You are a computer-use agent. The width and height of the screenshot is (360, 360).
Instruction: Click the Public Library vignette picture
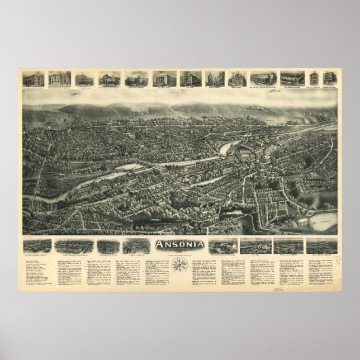[x=214, y=78]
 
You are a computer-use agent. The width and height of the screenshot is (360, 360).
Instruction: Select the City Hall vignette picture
[x=188, y=78]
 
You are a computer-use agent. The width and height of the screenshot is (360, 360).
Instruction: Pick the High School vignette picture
[x=238, y=78]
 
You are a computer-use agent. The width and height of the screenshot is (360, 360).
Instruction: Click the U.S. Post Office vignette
[x=162, y=78]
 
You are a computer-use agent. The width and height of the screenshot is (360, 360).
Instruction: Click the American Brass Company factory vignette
[x=36, y=245]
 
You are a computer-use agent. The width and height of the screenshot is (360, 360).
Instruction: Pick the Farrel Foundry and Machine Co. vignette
[x=68, y=245]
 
